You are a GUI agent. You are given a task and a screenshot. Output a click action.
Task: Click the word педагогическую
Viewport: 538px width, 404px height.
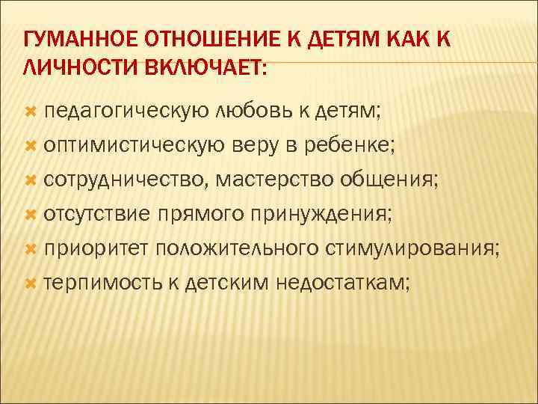126,113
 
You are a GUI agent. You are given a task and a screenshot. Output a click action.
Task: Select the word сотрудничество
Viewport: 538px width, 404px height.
126,181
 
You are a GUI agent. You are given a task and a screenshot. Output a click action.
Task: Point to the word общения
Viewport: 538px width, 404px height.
389,181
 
